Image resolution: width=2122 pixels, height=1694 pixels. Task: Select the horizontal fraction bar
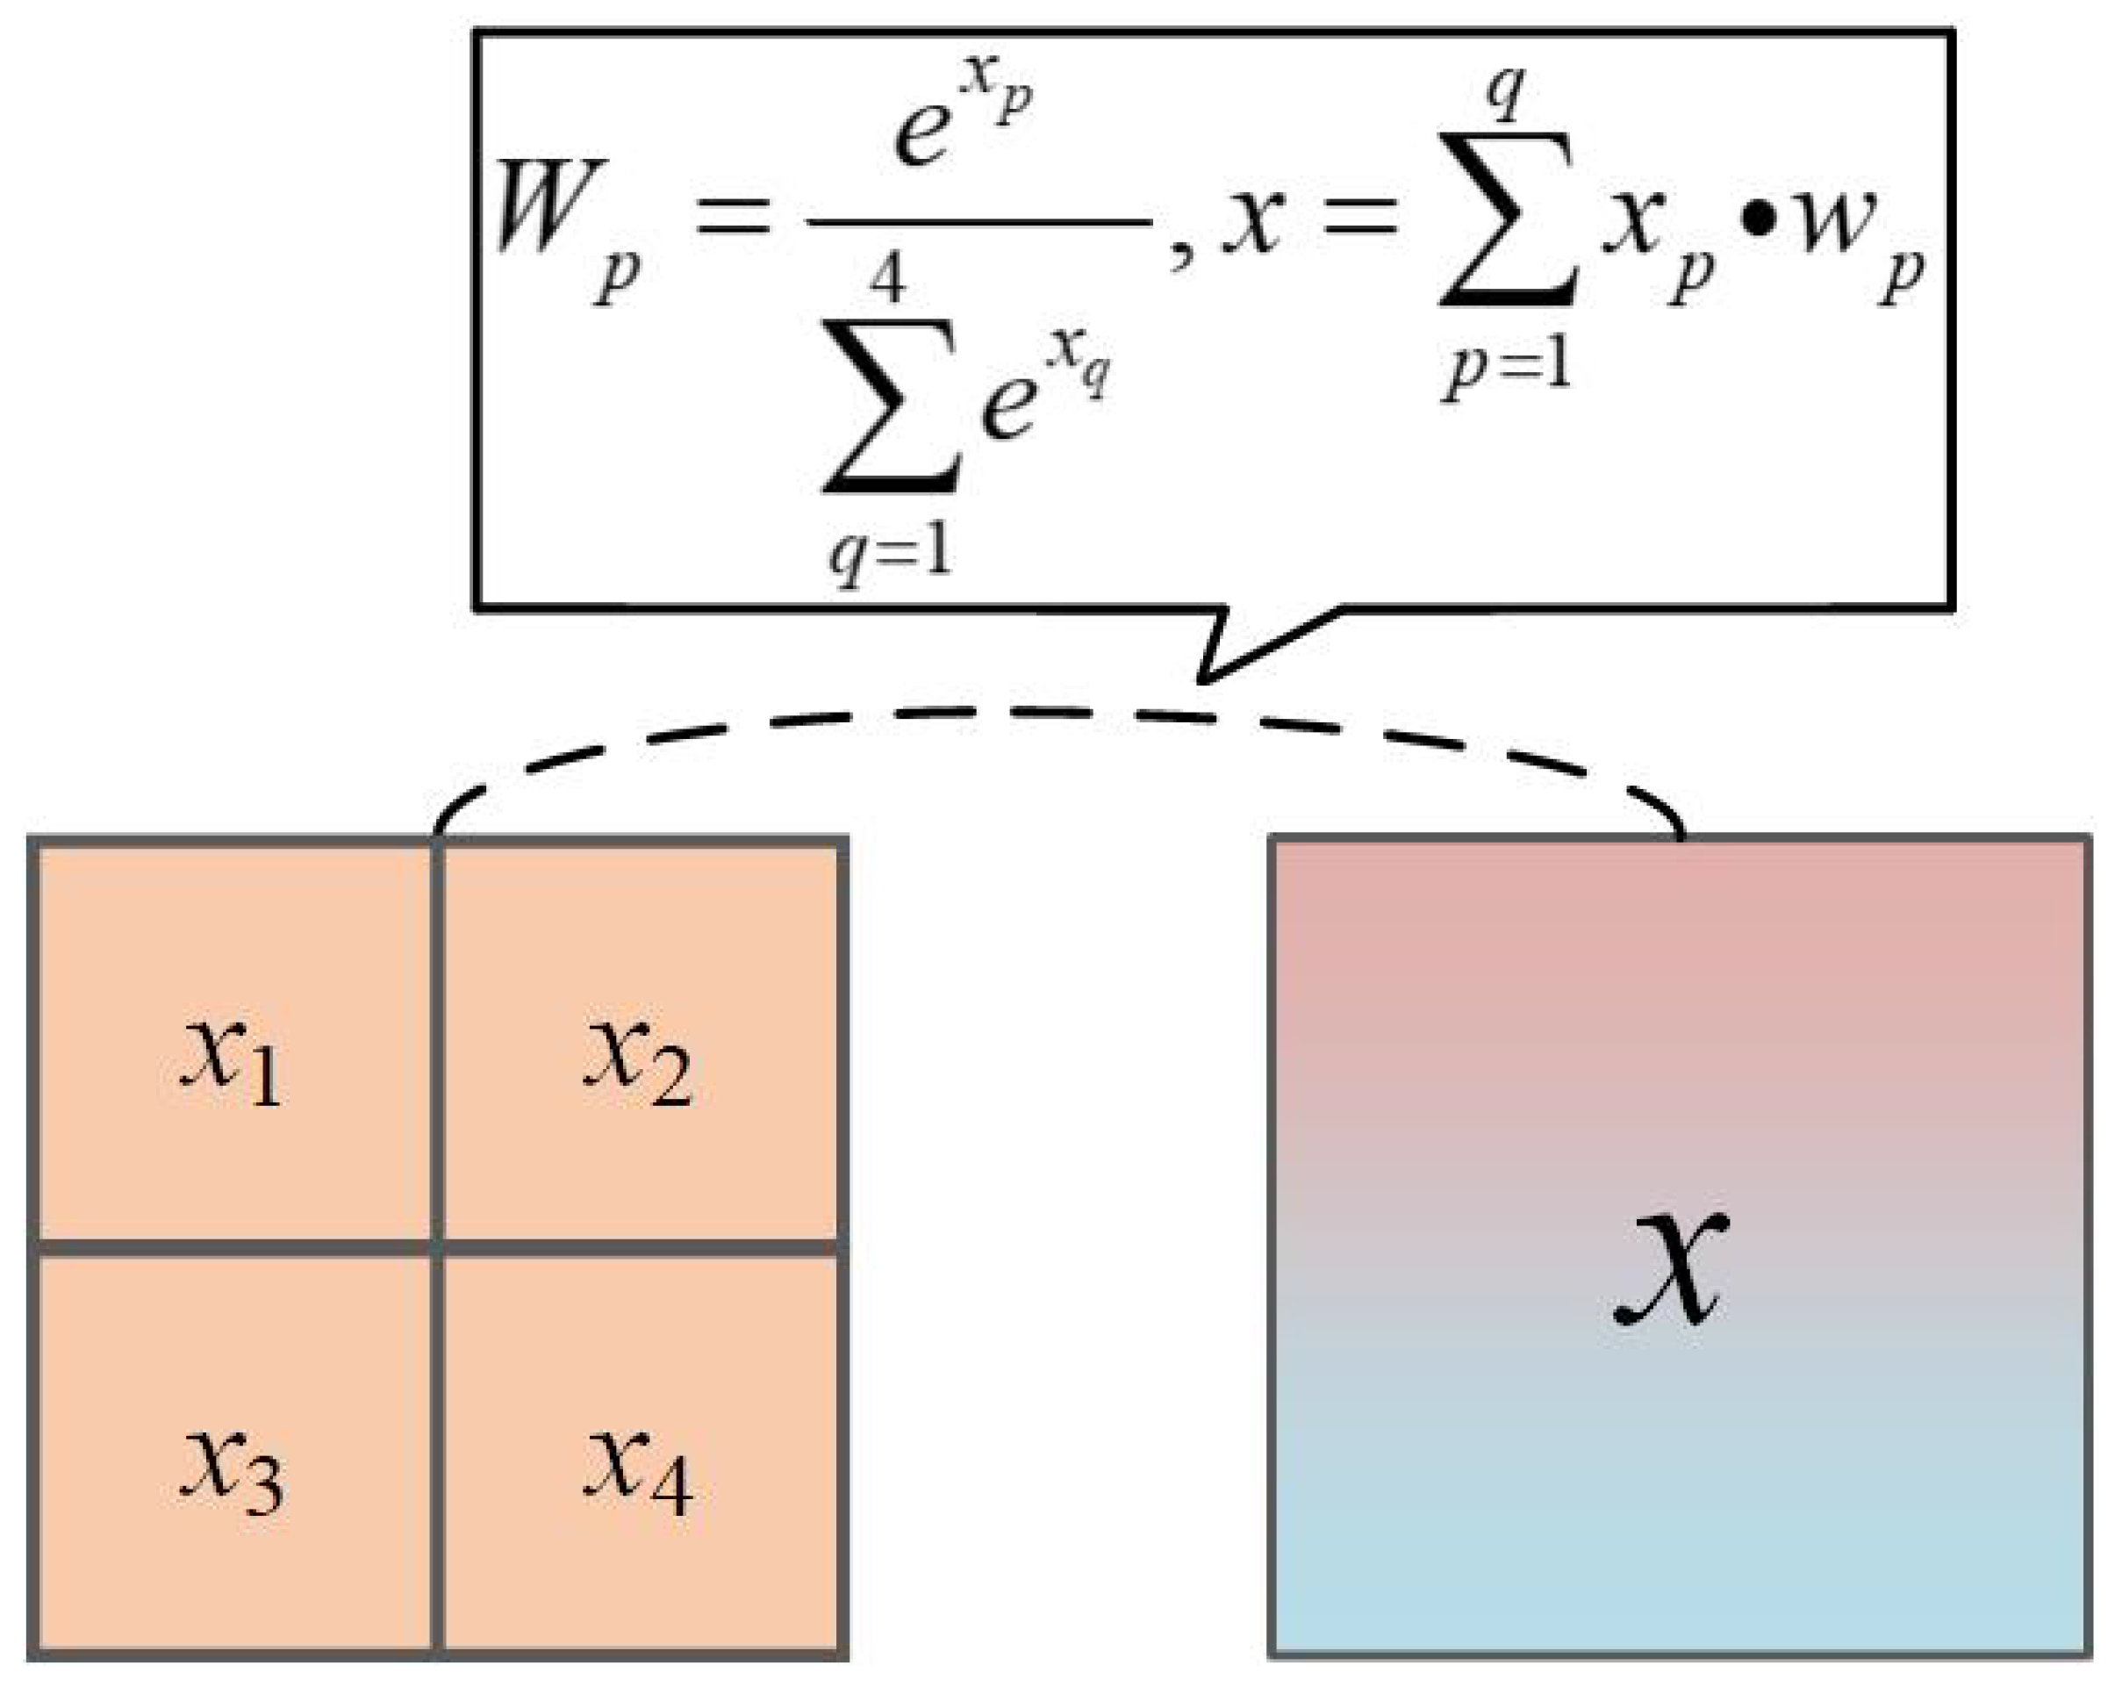tap(979, 224)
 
